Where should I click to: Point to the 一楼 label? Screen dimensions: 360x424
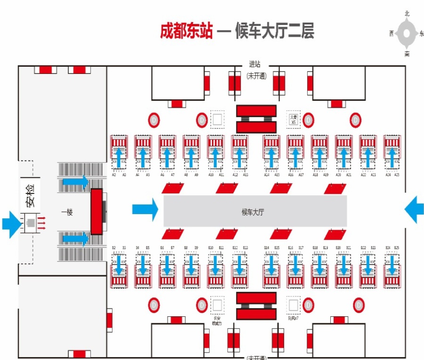[67, 212]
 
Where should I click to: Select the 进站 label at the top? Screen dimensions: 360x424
[255, 64]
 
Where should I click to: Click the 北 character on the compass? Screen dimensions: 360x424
[407, 14]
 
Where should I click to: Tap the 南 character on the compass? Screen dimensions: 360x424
[407, 54]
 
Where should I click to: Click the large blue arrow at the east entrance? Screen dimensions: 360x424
[414, 209]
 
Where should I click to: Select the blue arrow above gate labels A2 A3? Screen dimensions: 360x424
[119, 157]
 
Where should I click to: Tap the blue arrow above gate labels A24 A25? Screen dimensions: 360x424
[392, 157]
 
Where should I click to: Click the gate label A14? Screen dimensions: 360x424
[267, 175]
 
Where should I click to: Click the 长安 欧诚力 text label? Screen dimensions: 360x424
[217, 320]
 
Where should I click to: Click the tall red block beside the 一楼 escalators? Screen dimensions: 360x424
[97, 211]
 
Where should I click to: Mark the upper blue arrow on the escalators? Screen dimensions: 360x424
[75, 181]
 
